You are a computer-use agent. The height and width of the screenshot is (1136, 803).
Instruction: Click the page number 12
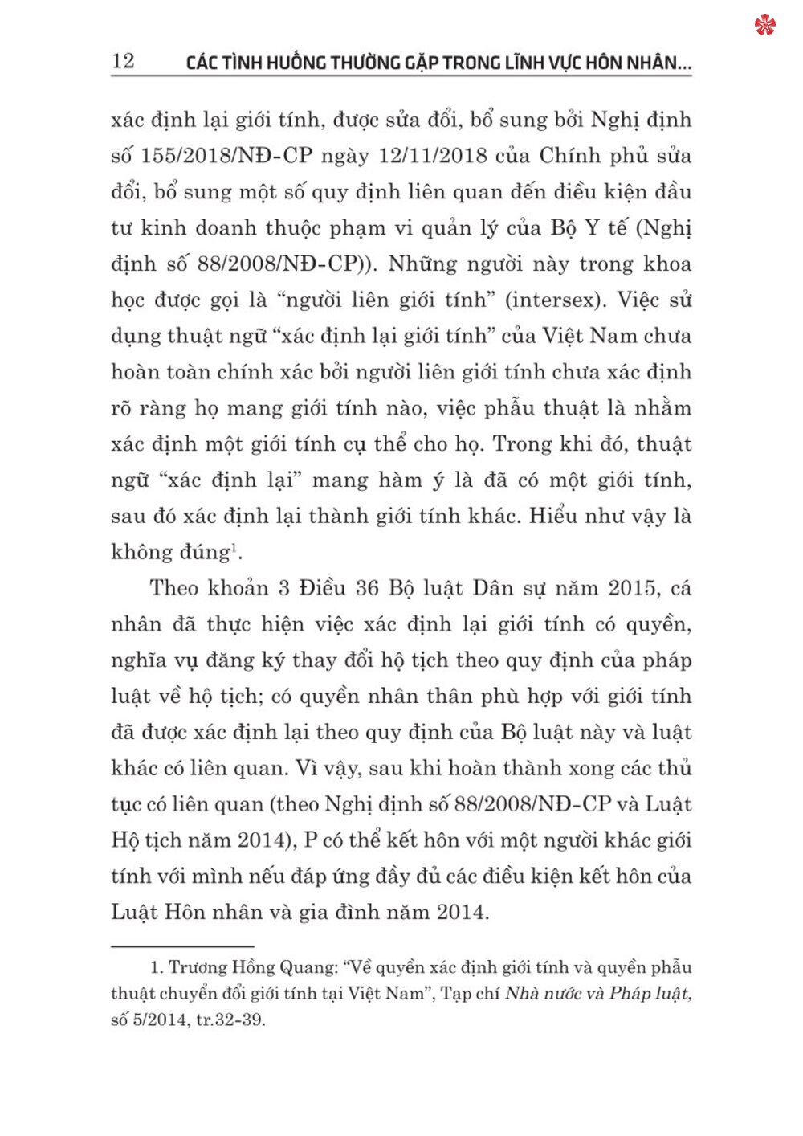(x=123, y=61)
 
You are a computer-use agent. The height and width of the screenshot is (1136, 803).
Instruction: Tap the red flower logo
(x=765, y=26)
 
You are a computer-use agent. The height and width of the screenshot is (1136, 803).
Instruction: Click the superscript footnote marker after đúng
(x=234, y=548)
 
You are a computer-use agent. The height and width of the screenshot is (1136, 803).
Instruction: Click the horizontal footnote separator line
(x=182, y=946)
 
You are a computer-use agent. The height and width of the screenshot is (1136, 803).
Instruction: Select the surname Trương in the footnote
(x=198, y=967)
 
